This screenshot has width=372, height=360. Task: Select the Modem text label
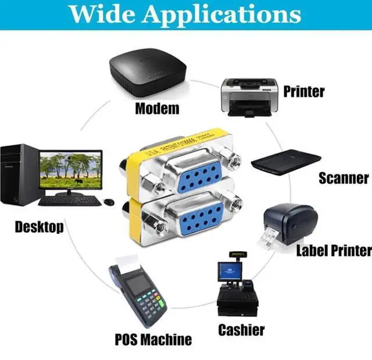pos(157,109)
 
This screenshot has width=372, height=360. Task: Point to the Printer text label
pos(303,91)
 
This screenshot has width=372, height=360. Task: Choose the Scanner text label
pos(344,178)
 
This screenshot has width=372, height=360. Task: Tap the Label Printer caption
pos(334,251)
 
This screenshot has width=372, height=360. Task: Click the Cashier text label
pos(241,330)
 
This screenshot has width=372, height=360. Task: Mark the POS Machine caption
pos(153,338)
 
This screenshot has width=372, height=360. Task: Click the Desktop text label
pos(40,226)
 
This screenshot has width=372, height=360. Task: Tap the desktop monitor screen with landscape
pos(71,169)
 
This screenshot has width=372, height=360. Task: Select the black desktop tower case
pos(20,174)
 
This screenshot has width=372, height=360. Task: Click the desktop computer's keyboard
pos(70,200)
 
